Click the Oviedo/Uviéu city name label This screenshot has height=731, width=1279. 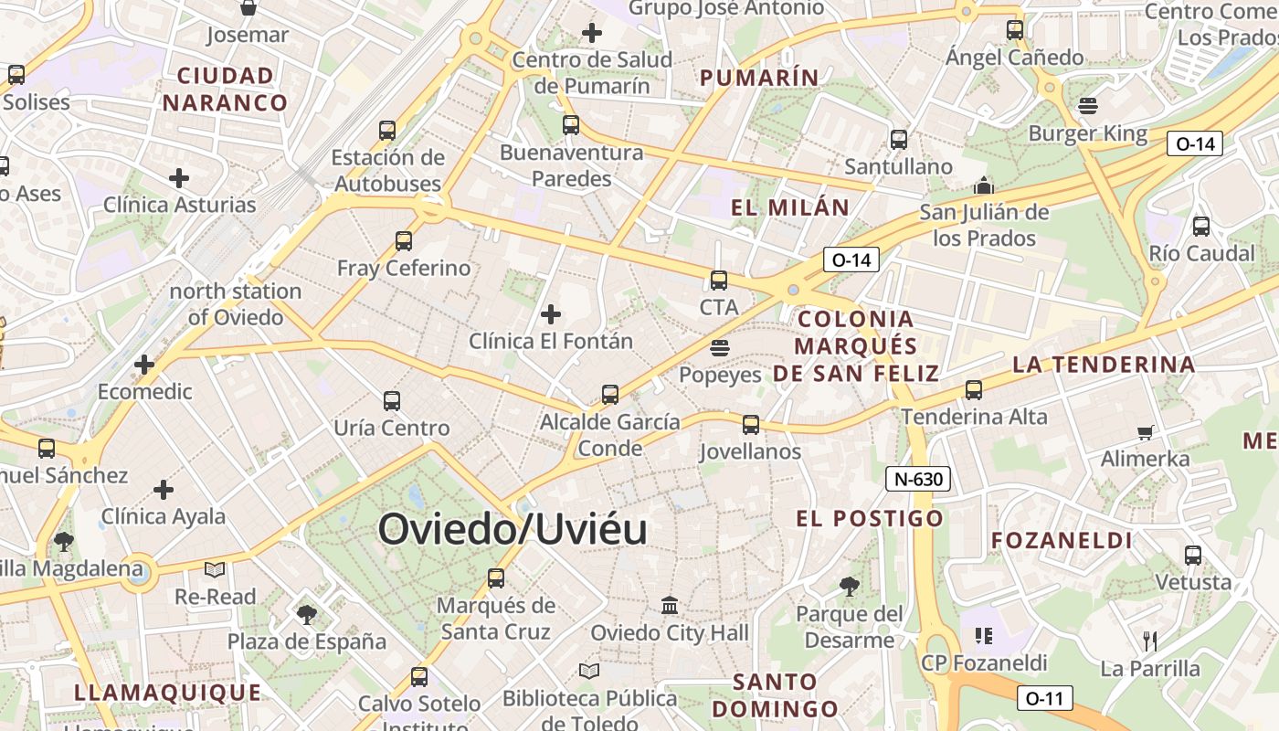pos(513,530)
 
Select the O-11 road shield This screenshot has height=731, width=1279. pos(1044,698)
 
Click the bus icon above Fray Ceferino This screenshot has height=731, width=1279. pos(404,241)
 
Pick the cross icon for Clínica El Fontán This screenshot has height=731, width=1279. pos(551,314)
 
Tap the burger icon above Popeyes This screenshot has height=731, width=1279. pos(720,348)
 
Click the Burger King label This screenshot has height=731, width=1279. pos(1087,133)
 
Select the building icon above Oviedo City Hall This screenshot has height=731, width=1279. pos(670,606)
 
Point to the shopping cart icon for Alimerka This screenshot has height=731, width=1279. pos(1145,432)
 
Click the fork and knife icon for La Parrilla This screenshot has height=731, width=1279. pos(1150,641)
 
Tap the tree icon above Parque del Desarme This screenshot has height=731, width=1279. pos(850,587)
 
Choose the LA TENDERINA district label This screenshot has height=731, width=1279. pos(1104,365)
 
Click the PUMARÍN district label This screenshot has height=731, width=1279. pos(759,78)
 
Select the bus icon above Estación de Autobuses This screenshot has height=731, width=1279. pos(387,131)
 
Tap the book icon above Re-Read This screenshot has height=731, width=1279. pos(215,570)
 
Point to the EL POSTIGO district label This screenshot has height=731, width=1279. pos(869,519)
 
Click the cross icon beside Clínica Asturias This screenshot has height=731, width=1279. pos(179,177)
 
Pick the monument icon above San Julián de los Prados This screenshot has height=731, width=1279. pos(984,185)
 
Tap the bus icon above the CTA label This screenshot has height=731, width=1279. pos(719,281)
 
